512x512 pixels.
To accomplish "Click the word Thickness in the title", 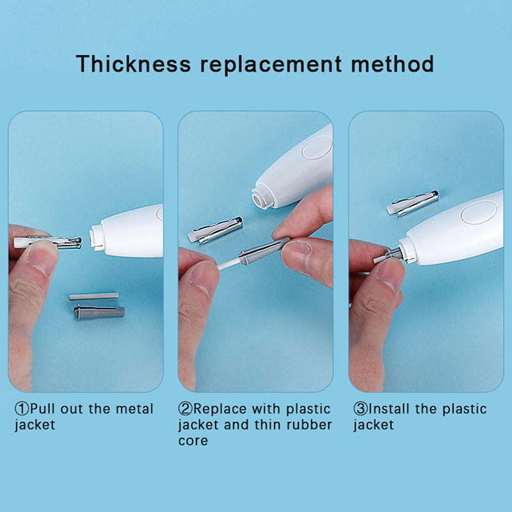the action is (133, 63).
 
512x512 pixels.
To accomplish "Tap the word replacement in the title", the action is (271, 65).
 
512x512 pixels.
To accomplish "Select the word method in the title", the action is (392, 63).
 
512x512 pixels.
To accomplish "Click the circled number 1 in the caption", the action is (22, 409).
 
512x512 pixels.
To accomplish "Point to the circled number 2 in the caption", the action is (186, 409).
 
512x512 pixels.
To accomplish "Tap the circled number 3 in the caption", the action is (360, 409).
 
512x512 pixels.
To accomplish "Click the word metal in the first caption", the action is (134, 409).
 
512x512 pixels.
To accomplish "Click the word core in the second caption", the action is (193, 441).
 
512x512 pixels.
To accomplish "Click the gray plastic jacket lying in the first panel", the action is (99, 312).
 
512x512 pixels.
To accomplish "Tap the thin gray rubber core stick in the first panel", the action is (94, 296).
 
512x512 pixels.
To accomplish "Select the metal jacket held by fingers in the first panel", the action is (47, 243).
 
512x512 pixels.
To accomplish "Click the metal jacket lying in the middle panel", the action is (216, 230).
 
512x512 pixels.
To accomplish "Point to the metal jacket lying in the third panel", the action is (413, 203).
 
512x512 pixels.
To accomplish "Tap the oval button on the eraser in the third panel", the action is (479, 212).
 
